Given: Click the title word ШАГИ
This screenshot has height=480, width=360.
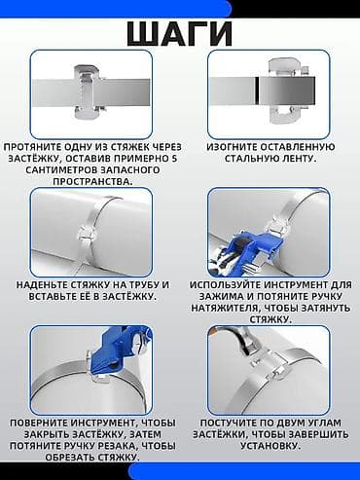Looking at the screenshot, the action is coord(180,34).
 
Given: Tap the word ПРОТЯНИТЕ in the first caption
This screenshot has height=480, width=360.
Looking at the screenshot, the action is coord(32,147).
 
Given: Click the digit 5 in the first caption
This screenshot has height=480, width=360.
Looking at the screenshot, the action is coord(174,159).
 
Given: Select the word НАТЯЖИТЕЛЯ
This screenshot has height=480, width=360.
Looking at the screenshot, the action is coord(224,308).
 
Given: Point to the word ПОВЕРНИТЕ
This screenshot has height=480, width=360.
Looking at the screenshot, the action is coord(39,423).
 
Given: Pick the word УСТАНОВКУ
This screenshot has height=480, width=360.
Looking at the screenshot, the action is coord(270,446).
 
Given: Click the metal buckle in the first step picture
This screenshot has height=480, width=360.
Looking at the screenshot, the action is coord(89,92).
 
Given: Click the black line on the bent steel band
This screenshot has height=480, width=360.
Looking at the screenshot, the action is coord(257,92).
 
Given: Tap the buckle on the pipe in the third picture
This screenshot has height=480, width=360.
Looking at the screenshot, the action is coord(86,235).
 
